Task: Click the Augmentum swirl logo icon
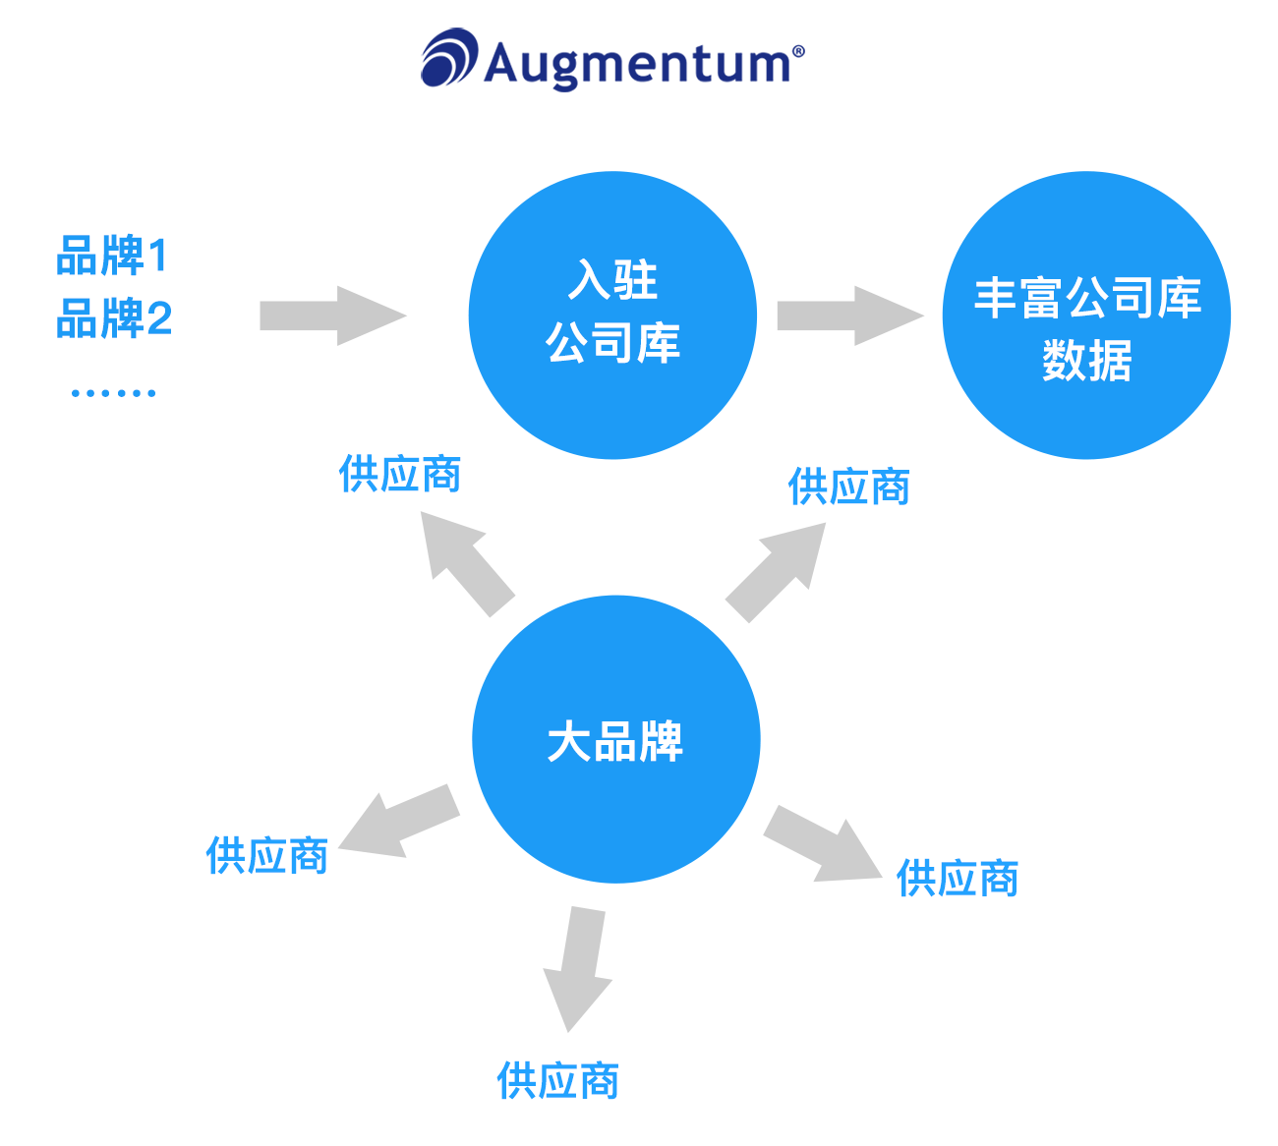pyautogui.click(x=449, y=58)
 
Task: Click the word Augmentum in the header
pyautogui.click(x=639, y=64)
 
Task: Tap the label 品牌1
pyautogui.click(x=112, y=256)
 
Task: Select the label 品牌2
pyautogui.click(x=114, y=318)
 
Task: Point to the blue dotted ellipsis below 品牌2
pyautogui.click(x=114, y=393)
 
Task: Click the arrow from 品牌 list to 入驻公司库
pyautogui.click(x=330, y=315)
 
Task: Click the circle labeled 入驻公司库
pyautogui.click(x=612, y=315)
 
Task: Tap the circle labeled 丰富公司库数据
pyautogui.click(x=1086, y=315)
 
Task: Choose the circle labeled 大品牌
pyautogui.click(x=616, y=739)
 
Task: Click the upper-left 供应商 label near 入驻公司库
pyautogui.click(x=400, y=474)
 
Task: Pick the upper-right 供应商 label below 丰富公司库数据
pyautogui.click(x=849, y=487)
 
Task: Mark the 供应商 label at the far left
pyautogui.click(x=267, y=856)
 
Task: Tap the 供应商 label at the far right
pyautogui.click(x=958, y=878)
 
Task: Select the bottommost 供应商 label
pyautogui.click(x=558, y=1080)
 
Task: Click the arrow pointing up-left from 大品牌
pyautogui.click(x=464, y=564)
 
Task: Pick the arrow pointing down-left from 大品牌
pyautogui.click(x=398, y=822)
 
